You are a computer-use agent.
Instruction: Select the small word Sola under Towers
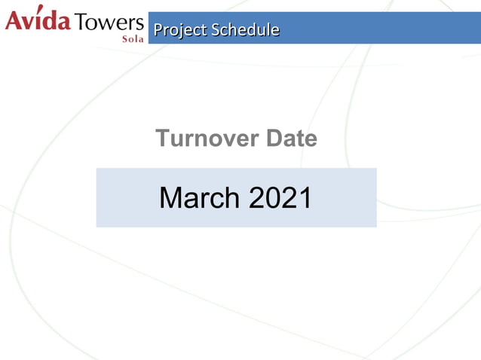tap(133, 37)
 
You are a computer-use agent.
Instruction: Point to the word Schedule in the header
tap(245, 30)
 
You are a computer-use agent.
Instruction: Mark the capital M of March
tap(171, 198)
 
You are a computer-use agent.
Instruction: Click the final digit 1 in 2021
tap(305, 198)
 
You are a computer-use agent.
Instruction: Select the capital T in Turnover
tap(163, 139)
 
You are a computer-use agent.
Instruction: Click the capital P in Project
tap(157, 30)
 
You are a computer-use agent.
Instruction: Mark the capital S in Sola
tap(124, 37)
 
